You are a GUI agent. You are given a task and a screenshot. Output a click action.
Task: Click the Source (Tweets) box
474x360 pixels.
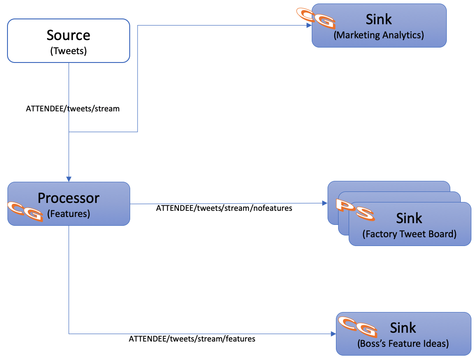pos(69,40)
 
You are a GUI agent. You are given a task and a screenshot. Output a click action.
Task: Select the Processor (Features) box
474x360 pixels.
pos(69,204)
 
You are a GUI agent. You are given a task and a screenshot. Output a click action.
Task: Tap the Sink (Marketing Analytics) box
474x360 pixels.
pos(379,26)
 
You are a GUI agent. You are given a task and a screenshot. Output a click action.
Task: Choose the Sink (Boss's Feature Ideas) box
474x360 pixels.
pos(403,334)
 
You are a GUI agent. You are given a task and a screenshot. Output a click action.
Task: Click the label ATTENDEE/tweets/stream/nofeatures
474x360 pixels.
pos(224,208)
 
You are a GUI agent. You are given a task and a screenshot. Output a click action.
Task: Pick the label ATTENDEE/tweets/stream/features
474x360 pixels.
pos(192,339)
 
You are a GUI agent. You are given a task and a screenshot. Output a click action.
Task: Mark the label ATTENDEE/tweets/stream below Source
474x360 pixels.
pos(73,108)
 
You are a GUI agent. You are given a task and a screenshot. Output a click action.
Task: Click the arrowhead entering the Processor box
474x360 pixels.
pos(69,179)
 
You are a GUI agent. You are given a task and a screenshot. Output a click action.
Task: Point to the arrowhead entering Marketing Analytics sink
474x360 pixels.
pos(309,26)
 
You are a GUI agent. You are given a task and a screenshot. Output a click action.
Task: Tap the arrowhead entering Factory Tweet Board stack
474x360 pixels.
pos(325,203)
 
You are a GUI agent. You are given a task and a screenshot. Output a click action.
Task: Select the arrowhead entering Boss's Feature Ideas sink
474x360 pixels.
pos(333,334)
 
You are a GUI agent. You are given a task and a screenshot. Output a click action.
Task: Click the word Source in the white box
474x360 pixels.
pos(69,35)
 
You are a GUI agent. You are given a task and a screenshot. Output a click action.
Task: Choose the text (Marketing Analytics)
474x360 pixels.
pos(379,35)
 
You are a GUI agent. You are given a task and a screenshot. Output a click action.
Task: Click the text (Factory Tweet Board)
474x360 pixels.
pos(409,234)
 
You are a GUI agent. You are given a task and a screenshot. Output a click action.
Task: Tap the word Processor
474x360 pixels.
pos(69,198)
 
